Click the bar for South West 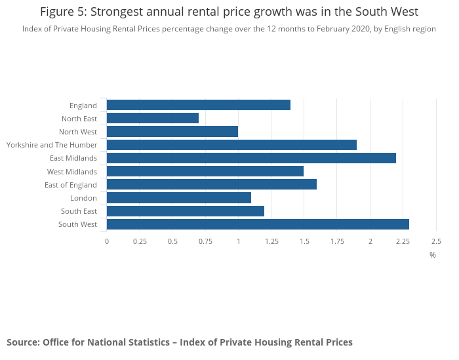click(258, 224)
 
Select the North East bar click(153, 118)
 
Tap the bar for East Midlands click(251, 158)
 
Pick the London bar click(179, 197)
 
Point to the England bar click(199, 105)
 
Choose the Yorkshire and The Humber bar click(231, 145)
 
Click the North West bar click(172, 131)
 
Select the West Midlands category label click(72, 172)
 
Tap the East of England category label click(71, 185)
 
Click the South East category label click(79, 211)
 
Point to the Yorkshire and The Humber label click(52, 145)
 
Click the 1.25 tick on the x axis click(271, 241)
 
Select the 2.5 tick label click(435, 241)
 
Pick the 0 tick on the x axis click(107, 241)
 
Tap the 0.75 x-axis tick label click(205, 241)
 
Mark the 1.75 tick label click(337, 241)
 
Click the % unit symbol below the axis click(433, 255)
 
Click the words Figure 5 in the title click(62, 12)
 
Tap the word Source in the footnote click(22, 342)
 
